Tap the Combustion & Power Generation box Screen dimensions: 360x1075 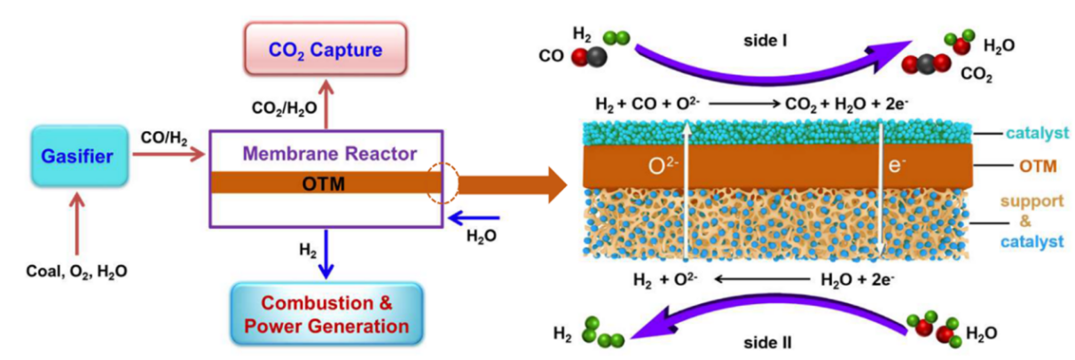click(326, 314)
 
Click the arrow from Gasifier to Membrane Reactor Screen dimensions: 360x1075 click(169, 156)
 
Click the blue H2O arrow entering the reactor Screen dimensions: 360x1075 click(474, 217)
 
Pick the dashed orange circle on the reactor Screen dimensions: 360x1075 click(443, 184)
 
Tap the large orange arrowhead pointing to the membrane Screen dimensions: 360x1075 click(555, 184)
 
